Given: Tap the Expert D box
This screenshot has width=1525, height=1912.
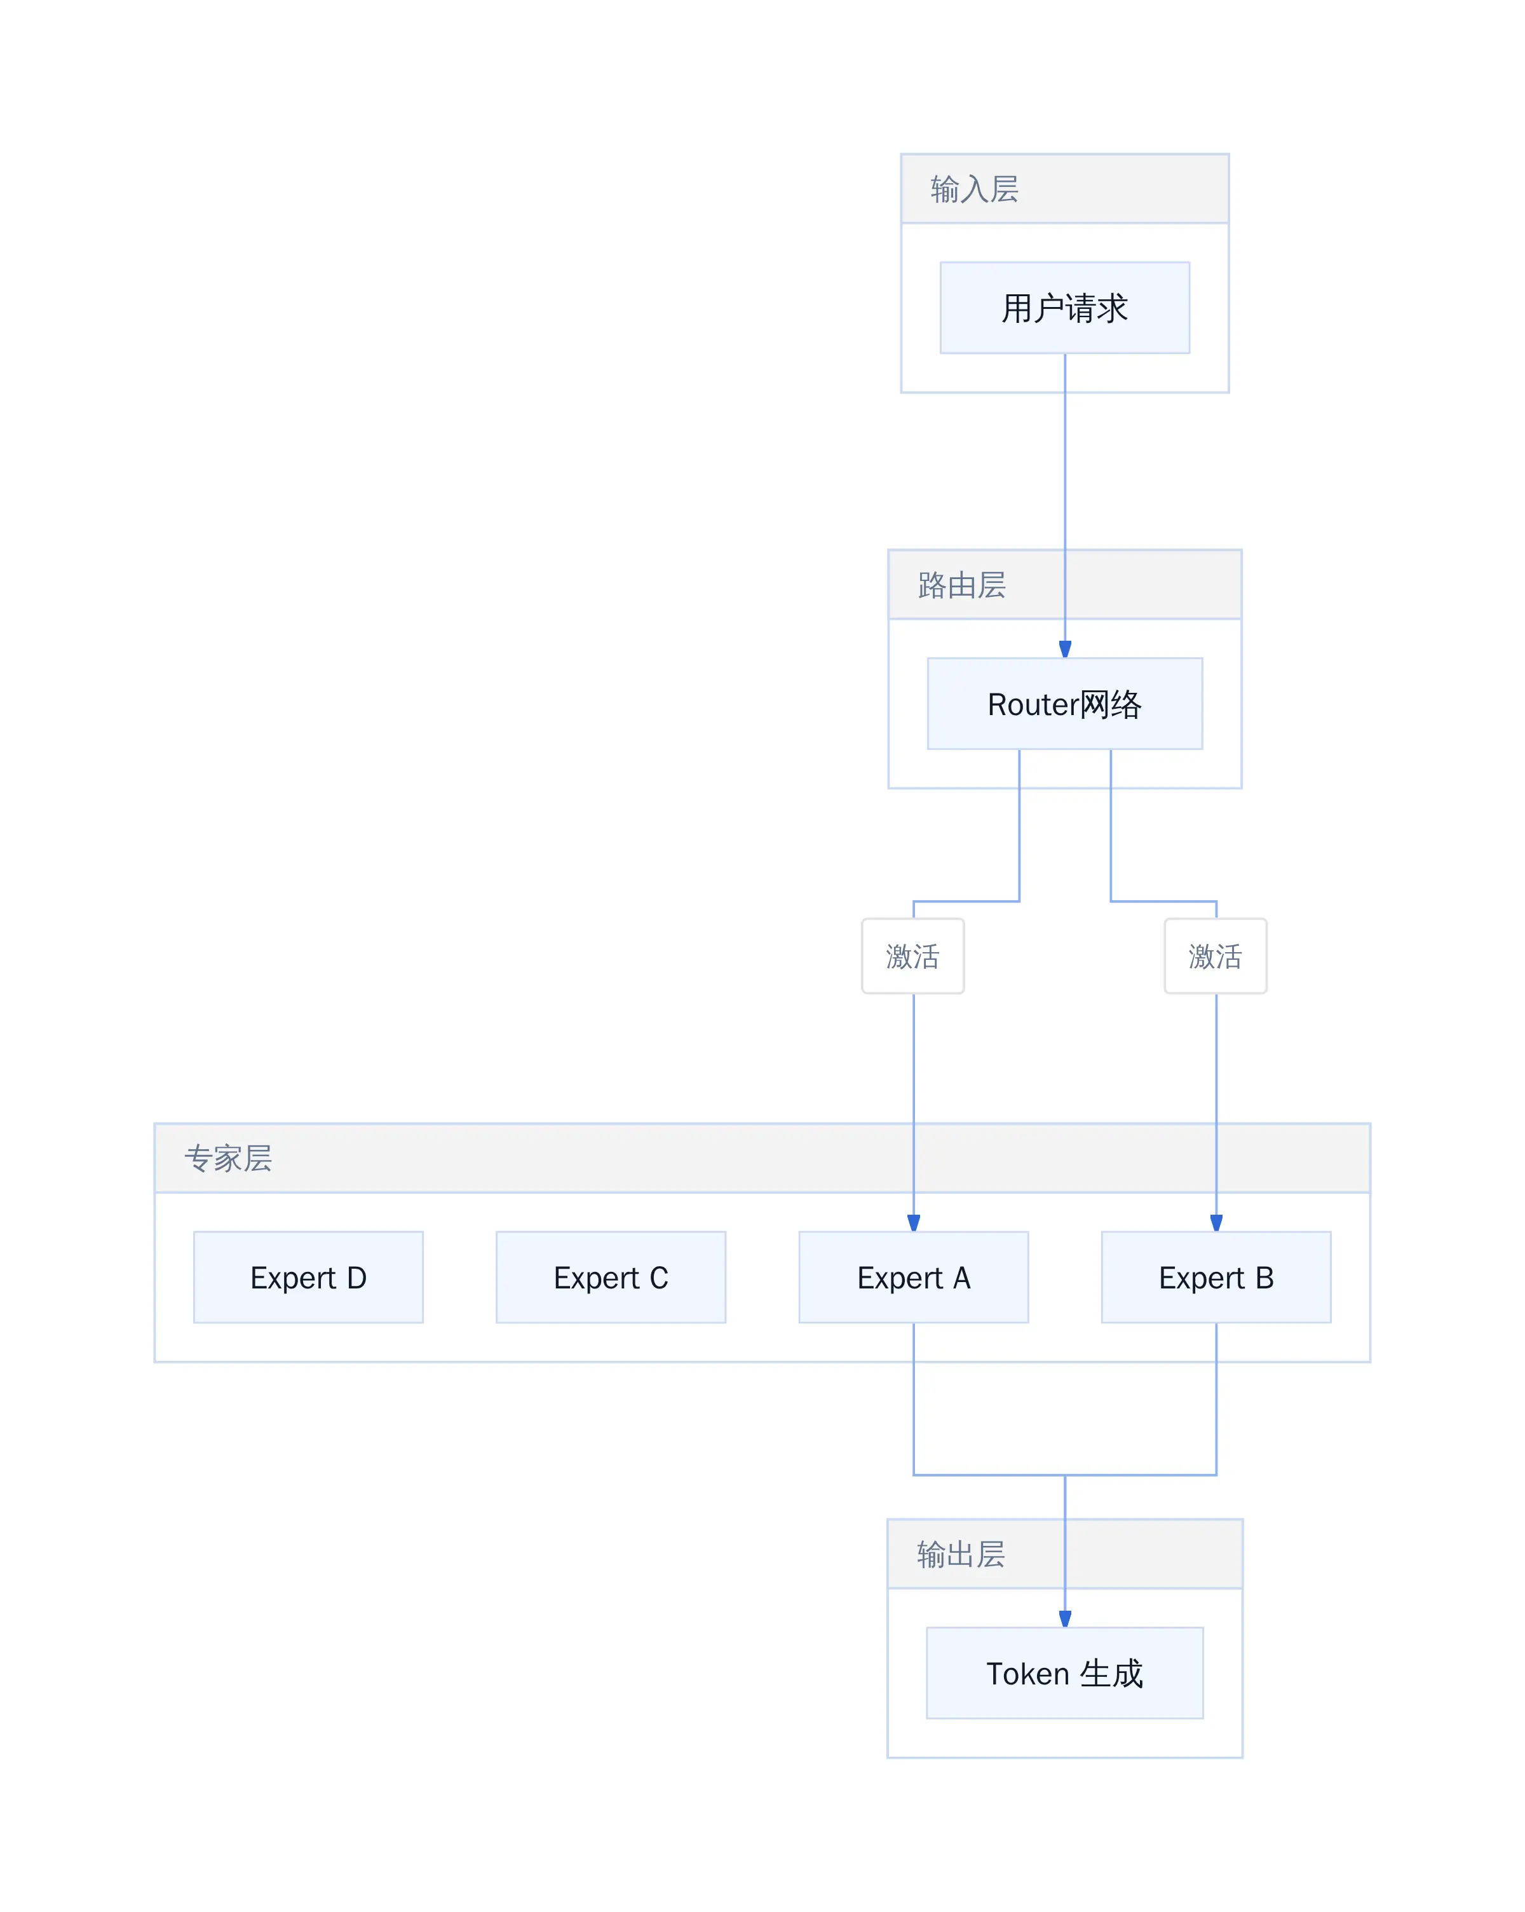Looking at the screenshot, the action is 309,1277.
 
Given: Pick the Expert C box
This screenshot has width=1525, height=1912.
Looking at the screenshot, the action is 611,1277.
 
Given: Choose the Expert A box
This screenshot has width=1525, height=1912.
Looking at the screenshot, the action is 913,1277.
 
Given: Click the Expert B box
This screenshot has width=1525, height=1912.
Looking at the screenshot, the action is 1216,1277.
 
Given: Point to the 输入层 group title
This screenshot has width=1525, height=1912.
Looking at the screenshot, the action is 974,189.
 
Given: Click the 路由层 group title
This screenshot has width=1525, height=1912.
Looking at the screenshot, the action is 962,585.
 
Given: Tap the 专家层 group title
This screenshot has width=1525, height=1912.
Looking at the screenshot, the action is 228,1158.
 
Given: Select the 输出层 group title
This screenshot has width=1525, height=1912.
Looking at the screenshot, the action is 961,1553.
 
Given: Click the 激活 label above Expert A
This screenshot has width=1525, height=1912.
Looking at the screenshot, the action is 912,956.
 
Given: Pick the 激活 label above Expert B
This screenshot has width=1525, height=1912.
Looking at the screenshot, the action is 1216,956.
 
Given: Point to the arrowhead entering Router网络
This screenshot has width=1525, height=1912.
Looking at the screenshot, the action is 1065,649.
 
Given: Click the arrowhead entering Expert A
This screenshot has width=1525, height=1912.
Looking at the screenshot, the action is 913,1223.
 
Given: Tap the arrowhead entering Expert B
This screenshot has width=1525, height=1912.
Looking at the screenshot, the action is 1216,1223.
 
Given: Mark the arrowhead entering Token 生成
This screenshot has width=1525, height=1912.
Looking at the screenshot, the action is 1065,1618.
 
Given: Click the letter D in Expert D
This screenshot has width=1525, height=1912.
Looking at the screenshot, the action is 356,1277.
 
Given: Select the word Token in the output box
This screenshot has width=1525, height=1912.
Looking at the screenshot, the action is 1027,1674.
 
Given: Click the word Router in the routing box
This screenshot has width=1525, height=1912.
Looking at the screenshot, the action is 1033,704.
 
